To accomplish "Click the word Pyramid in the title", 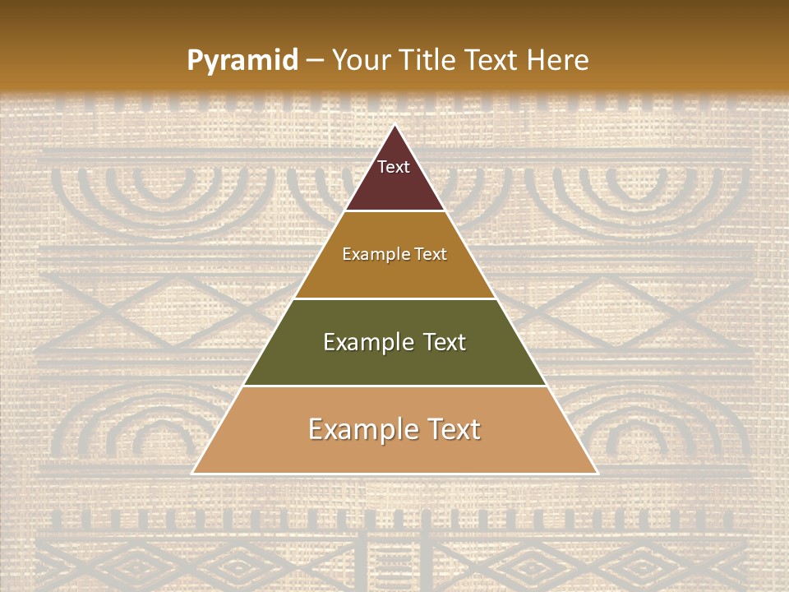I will tap(242, 61).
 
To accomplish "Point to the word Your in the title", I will tap(360, 61).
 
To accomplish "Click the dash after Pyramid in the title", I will tap(314, 61).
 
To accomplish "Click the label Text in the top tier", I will tap(394, 168).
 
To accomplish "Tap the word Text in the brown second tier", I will tap(430, 255).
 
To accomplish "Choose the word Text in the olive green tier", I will tap(445, 342).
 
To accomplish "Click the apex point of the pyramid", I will tap(394, 125).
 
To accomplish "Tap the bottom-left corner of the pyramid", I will tap(193, 473).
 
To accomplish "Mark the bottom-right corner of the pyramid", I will tap(597, 473).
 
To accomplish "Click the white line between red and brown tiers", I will tap(394, 211).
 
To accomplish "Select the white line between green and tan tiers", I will tap(394, 386).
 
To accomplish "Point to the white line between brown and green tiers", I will tap(394, 298).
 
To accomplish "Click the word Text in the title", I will tap(492, 61).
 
